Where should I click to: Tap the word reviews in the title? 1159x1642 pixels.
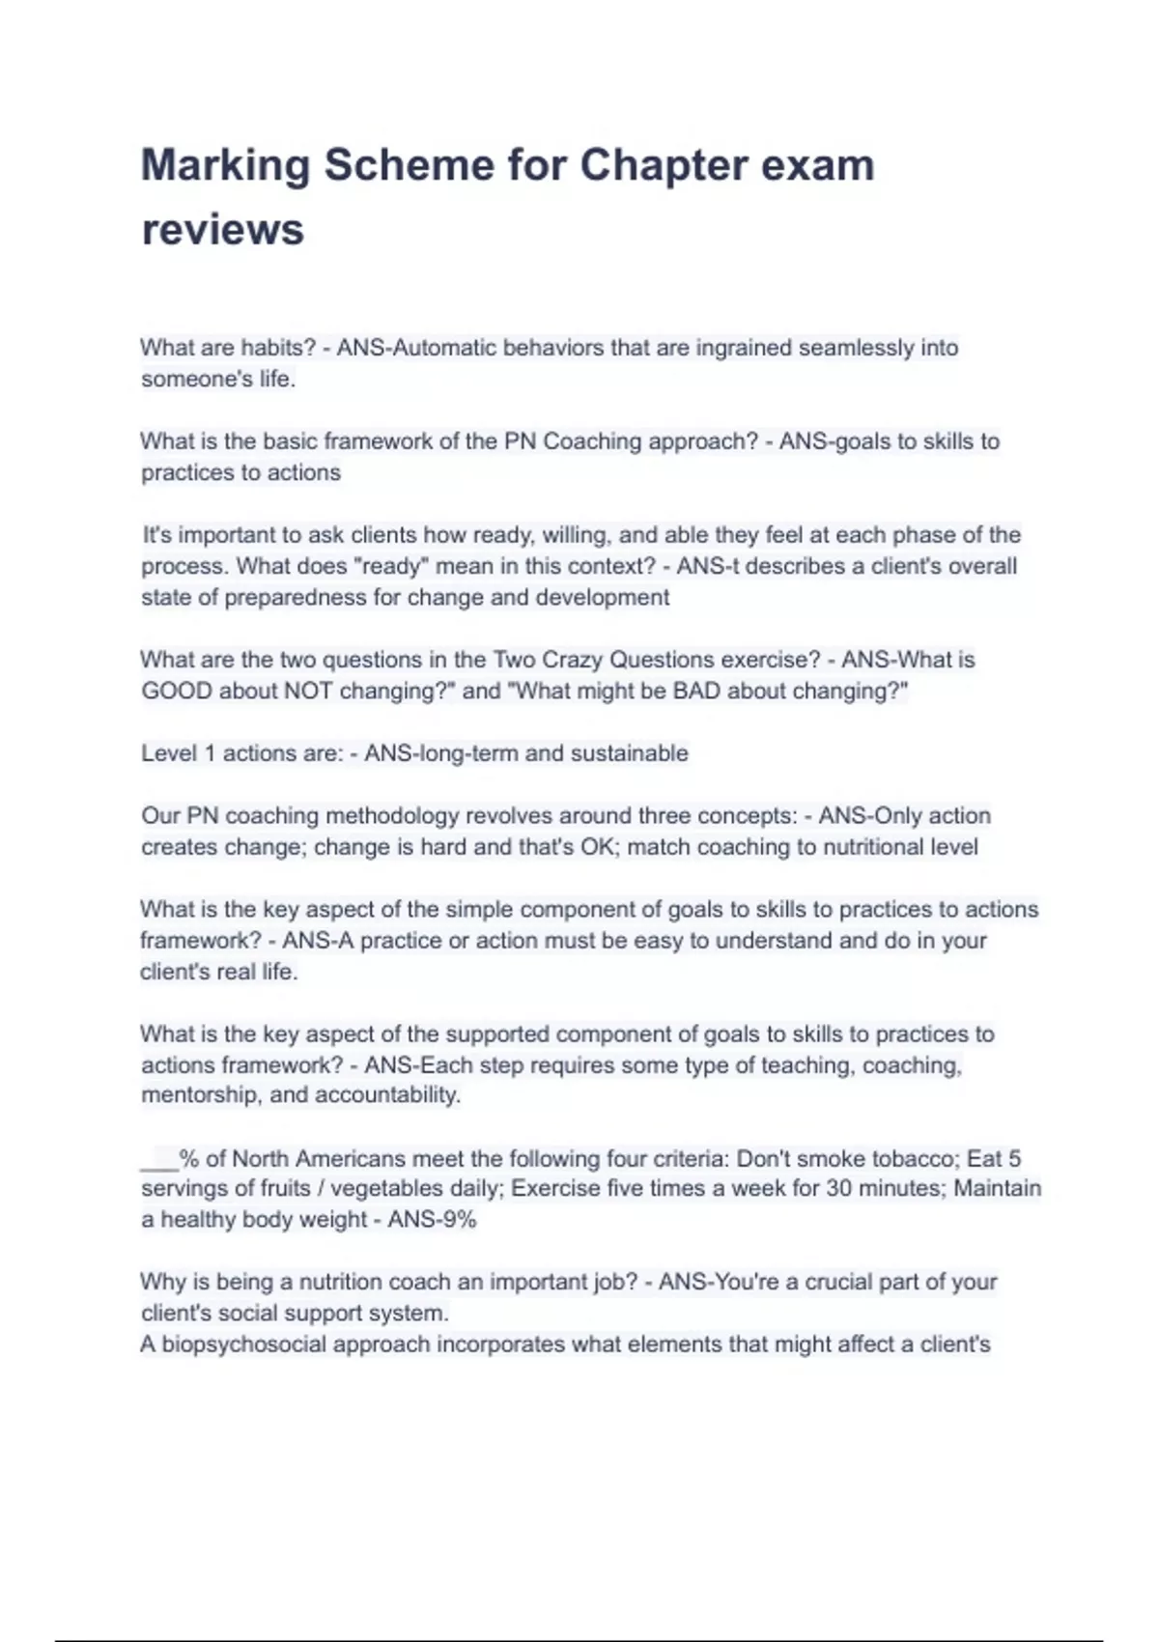[x=222, y=230]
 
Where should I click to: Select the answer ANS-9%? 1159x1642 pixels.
[x=432, y=1220]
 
